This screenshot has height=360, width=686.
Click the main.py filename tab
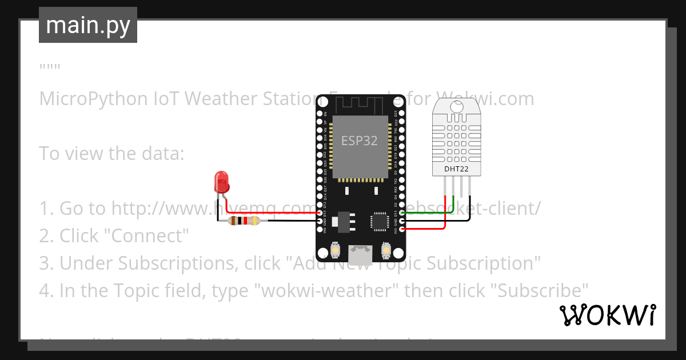point(88,26)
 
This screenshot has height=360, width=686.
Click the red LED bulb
point(221,182)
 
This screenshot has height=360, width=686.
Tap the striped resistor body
point(243,221)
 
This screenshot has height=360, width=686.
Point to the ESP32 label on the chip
point(360,141)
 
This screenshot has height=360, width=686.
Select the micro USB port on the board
point(360,251)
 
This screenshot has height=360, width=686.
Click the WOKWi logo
point(607,315)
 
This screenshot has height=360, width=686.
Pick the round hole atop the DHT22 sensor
point(457,106)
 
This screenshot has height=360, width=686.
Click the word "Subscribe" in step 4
point(539,291)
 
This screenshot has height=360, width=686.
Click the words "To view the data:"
point(111,154)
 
